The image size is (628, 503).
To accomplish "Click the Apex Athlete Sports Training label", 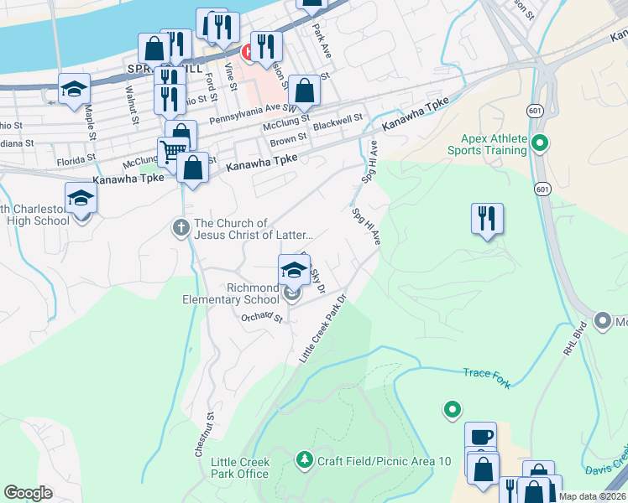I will pos(493,144).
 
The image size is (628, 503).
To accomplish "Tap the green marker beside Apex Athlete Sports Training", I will pos(540,144).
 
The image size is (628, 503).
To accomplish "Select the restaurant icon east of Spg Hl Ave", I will pos(487,218).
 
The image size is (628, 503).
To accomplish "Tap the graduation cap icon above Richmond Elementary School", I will pos(294,270).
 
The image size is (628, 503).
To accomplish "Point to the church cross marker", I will pos(181,228).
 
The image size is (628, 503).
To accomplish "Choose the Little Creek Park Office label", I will pos(240,468).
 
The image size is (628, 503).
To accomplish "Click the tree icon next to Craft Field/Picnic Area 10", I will pos(304,460).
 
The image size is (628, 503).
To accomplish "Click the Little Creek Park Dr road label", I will pos(324,328).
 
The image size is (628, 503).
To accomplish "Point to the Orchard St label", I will pos(261,316).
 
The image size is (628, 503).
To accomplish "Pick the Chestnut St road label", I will pos(204,433).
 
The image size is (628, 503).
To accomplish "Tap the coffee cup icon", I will pos(481,436).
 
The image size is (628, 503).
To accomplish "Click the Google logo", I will pos(28,493).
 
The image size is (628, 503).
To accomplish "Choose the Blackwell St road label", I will pos(337,121).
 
